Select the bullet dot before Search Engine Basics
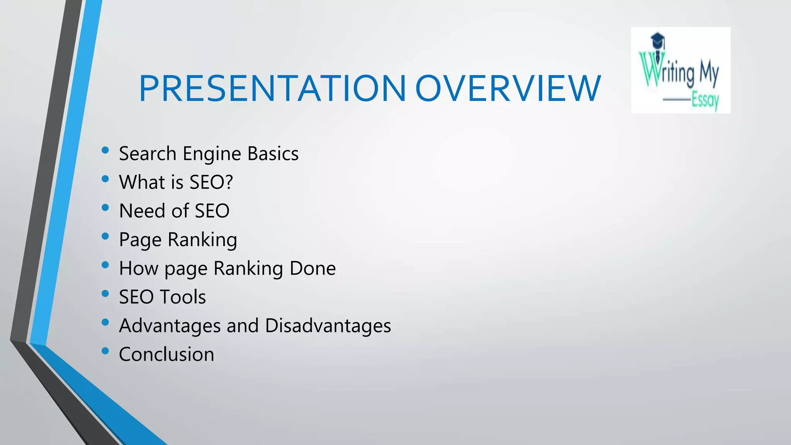(x=105, y=151)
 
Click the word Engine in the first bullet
(x=212, y=154)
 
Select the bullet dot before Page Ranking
(x=105, y=236)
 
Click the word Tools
(x=183, y=297)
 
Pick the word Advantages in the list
(x=170, y=326)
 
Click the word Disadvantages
(x=328, y=326)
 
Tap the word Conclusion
(x=166, y=354)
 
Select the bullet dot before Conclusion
(x=105, y=351)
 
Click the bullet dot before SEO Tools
(x=105, y=294)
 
